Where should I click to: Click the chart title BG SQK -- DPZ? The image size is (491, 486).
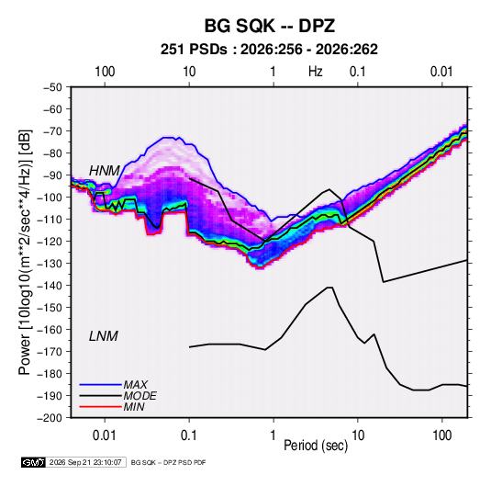click(270, 26)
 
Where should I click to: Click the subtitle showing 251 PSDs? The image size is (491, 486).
click(269, 50)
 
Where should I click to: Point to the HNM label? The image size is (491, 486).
click(105, 171)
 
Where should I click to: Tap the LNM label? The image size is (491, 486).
click(104, 336)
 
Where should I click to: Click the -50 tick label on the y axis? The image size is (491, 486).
click(52, 87)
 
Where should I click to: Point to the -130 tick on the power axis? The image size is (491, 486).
click(50, 264)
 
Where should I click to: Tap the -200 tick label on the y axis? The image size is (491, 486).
click(50, 418)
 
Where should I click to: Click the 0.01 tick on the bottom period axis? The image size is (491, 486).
click(105, 435)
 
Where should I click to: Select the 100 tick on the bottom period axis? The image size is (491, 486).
click(441, 435)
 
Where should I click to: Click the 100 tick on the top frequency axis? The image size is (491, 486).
click(105, 72)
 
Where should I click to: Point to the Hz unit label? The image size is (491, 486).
click(316, 72)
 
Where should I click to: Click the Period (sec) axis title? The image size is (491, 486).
click(316, 446)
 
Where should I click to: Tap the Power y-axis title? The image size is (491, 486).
click(25, 252)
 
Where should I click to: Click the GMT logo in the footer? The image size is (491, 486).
click(34, 462)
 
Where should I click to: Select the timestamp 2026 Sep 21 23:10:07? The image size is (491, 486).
click(85, 462)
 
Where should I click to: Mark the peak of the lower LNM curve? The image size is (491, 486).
click(329, 288)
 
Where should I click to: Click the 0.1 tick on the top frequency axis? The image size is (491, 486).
click(357, 72)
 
